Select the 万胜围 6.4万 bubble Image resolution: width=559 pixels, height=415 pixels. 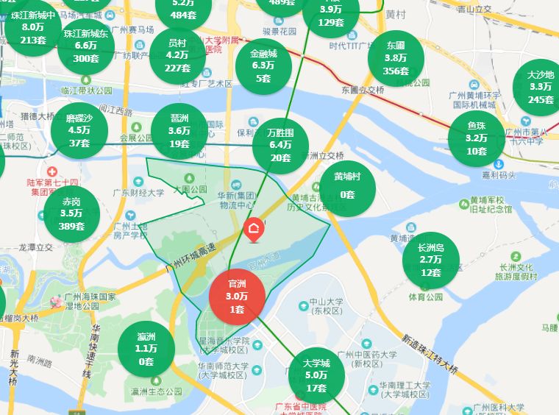[280, 145]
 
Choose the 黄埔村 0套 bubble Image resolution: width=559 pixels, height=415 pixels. [347, 185]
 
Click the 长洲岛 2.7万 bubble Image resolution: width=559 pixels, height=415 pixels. [431, 260]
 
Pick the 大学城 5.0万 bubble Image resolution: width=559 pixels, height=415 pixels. [316, 375]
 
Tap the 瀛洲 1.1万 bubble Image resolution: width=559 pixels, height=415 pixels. [146, 349]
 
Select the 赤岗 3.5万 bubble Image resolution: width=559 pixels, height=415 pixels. [71, 213]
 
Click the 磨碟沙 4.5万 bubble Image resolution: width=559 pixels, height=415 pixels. [79, 130]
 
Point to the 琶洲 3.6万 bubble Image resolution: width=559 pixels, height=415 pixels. [179, 131]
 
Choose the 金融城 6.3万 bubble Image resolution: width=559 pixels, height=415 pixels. [263, 66]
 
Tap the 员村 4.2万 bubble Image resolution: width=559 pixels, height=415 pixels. [177, 55]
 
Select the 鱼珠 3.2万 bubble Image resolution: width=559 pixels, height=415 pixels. [476, 138]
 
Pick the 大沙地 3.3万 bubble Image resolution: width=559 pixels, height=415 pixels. [541, 87]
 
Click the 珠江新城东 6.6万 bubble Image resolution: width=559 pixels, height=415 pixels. [86, 46]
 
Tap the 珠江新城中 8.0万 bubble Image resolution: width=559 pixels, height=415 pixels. [34, 27]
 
